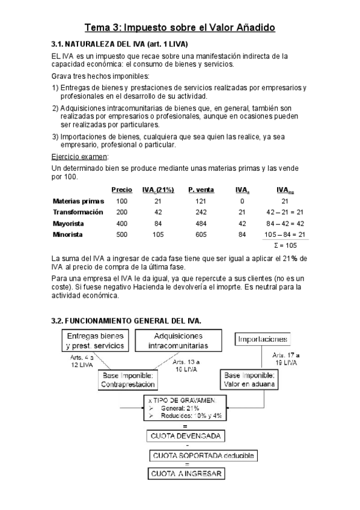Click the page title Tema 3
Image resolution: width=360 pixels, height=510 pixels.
(x=180, y=28)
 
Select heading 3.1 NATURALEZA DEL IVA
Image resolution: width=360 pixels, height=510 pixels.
(x=120, y=45)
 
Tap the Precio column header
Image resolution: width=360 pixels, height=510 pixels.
(x=122, y=189)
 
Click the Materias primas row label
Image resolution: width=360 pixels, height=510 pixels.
(x=78, y=201)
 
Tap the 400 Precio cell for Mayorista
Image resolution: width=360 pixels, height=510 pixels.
(x=122, y=223)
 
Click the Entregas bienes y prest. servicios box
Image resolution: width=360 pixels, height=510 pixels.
(x=96, y=341)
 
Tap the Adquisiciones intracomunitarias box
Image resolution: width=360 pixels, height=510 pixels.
(x=178, y=341)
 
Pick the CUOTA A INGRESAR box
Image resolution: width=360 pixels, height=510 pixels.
(x=186, y=474)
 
